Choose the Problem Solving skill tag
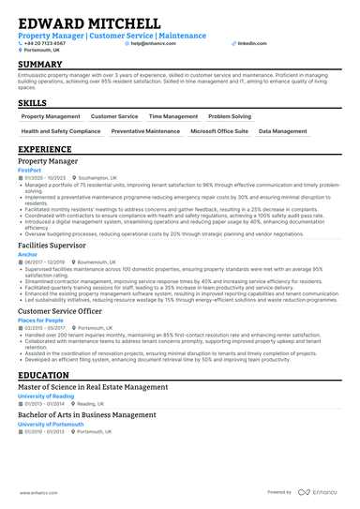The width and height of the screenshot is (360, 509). (x=229, y=116)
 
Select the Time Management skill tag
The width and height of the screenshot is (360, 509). (x=173, y=116)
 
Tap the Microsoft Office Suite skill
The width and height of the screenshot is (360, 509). (x=218, y=132)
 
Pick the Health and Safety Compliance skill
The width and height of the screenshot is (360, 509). (x=61, y=132)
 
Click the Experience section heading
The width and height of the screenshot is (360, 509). (x=45, y=149)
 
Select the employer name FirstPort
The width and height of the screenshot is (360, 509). (x=30, y=169)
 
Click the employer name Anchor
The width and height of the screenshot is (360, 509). (x=27, y=254)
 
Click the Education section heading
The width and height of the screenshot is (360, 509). (x=43, y=374)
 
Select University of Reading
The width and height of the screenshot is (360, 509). (x=46, y=396)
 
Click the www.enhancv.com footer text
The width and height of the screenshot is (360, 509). (x=34, y=491)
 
